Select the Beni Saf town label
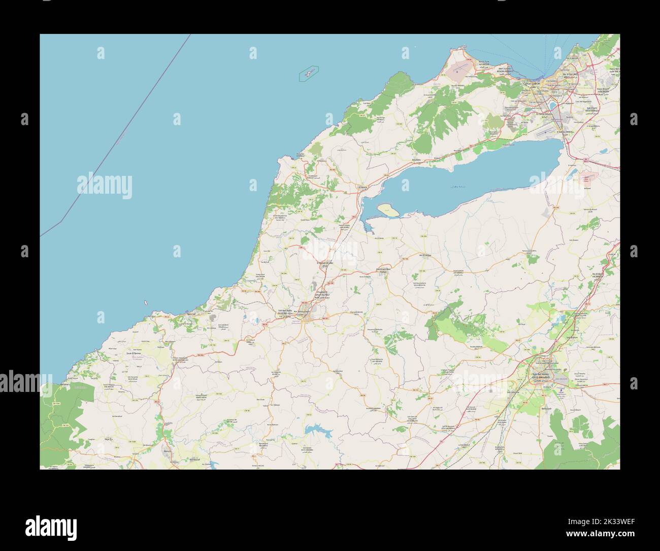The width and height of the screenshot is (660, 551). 191,314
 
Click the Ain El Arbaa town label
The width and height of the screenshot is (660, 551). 424,255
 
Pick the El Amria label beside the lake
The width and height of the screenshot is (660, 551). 362,187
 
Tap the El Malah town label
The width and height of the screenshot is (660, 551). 324,263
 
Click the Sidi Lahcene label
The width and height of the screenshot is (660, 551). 513,392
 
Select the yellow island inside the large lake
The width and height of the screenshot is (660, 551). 387,209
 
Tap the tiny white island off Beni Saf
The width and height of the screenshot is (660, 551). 146,302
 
